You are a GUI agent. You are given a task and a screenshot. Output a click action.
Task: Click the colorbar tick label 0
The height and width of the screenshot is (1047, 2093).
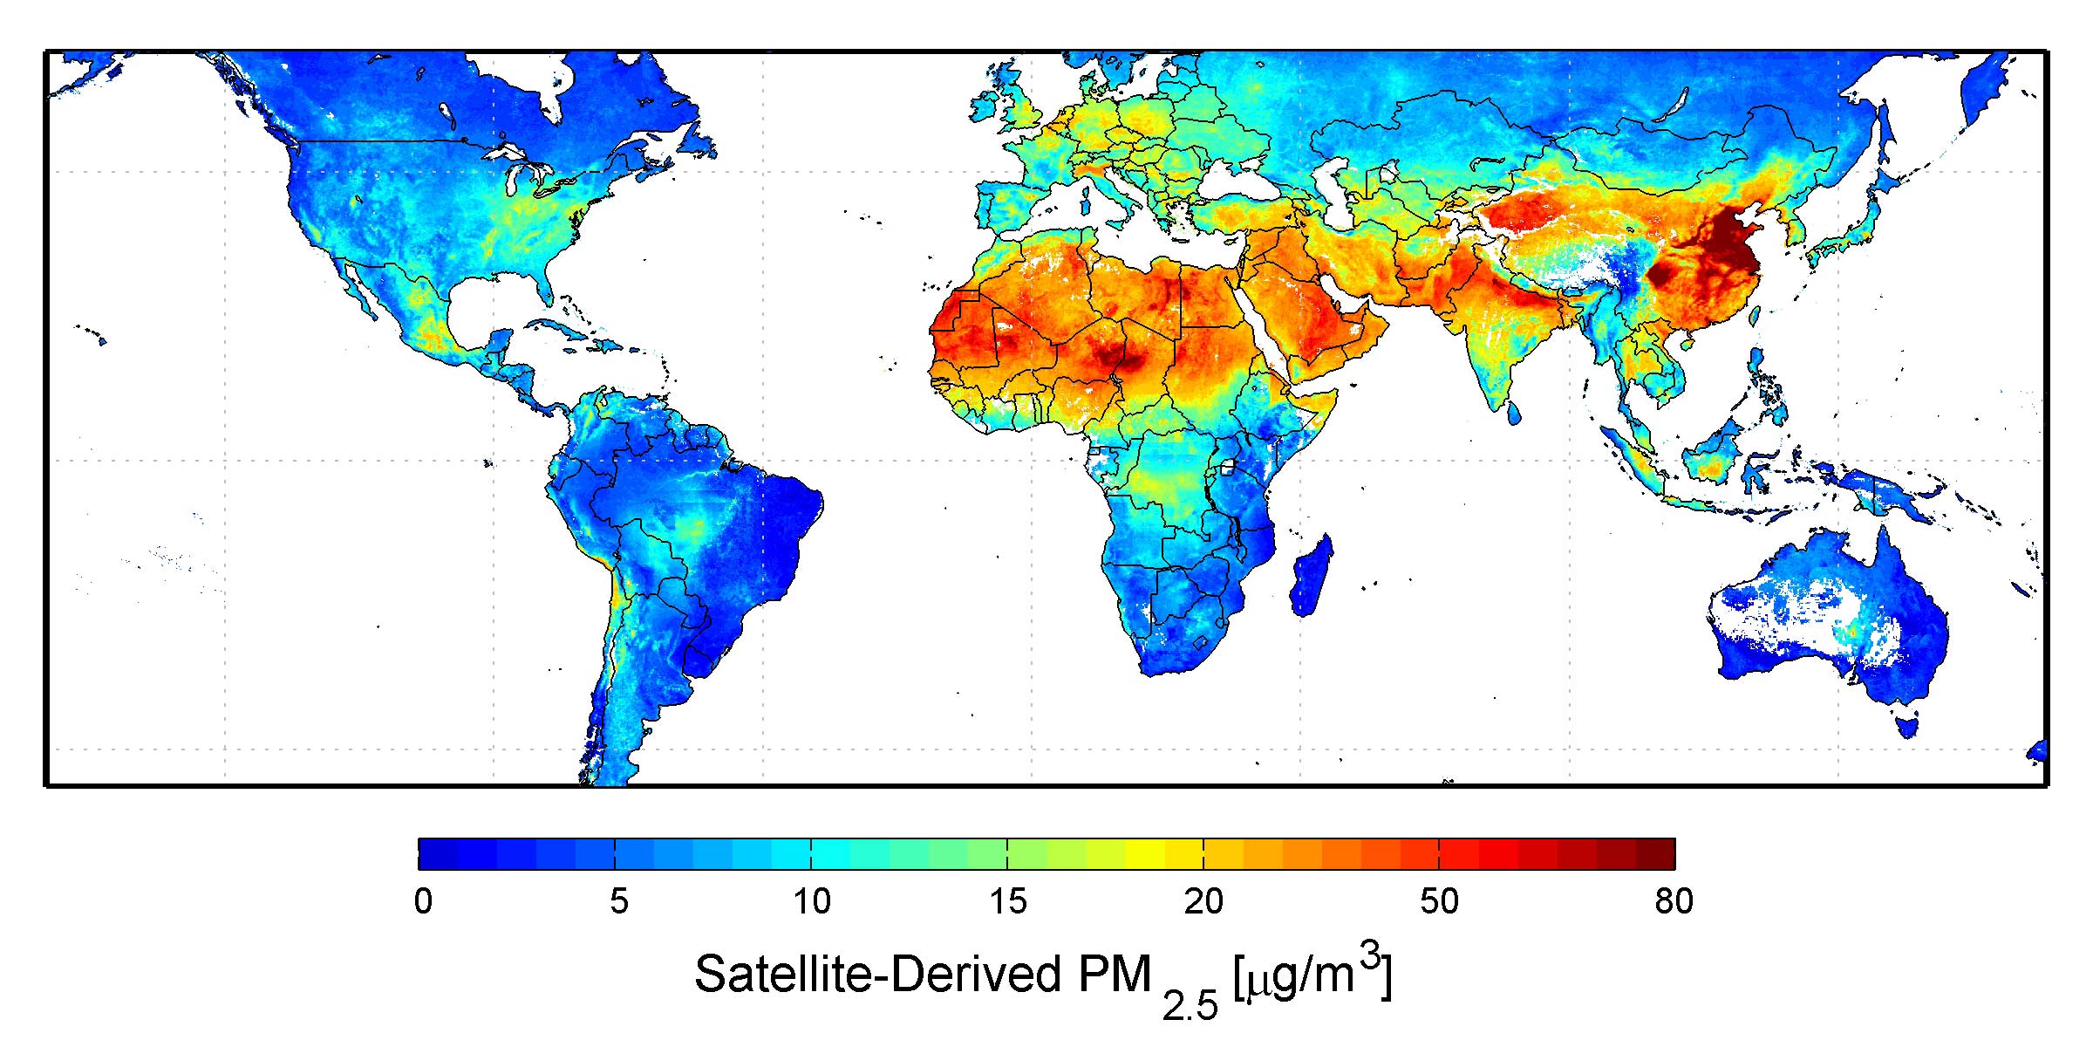[424, 901]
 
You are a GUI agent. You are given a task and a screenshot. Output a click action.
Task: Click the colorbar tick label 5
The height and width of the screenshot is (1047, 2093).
[619, 901]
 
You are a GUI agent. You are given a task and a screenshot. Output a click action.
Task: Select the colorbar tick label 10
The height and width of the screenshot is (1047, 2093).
[812, 901]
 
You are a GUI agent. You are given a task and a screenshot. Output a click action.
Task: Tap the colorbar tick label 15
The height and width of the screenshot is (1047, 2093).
[1008, 901]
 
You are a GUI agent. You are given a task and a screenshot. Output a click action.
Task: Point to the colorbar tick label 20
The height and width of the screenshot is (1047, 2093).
[1203, 901]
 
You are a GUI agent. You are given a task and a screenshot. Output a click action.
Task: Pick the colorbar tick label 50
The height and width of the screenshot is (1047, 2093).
[1439, 901]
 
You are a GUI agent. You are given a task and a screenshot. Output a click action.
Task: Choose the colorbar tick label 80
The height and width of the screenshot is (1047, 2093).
[1674, 901]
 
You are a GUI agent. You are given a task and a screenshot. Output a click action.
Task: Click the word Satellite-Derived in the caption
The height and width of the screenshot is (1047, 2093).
[878, 974]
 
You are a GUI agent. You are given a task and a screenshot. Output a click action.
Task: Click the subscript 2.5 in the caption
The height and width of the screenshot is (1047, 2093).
[1190, 1007]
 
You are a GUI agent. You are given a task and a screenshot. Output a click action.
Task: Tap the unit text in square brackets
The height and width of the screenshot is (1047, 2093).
[1312, 975]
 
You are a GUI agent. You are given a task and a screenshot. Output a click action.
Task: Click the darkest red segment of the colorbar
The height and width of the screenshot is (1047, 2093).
[1654, 854]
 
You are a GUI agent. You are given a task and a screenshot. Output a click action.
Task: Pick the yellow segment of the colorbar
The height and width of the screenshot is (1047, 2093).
[1144, 854]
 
